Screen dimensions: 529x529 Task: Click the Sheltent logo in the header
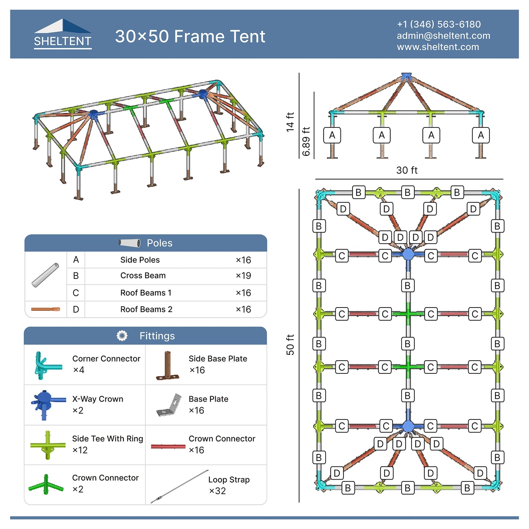click(63, 34)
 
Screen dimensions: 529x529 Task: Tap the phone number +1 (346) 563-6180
click(439, 24)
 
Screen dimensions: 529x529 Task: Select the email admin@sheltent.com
click(443, 36)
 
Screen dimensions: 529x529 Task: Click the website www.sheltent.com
click(438, 47)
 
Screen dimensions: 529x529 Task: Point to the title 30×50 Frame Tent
click(190, 36)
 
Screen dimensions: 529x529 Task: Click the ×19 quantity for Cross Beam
click(243, 276)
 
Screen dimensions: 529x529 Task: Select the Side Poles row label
click(140, 260)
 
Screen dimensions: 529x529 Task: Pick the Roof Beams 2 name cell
click(146, 309)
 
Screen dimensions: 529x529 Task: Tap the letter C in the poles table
click(76, 293)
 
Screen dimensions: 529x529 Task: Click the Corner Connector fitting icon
click(47, 365)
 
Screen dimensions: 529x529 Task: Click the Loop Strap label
click(229, 480)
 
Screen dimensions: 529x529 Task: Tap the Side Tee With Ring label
click(107, 439)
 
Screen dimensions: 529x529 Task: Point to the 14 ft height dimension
click(290, 122)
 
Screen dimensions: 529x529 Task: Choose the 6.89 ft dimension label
click(306, 141)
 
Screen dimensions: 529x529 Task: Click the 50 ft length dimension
click(290, 344)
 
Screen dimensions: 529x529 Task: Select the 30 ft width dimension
click(407, 170)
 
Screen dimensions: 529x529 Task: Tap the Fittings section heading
click(157, 336)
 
